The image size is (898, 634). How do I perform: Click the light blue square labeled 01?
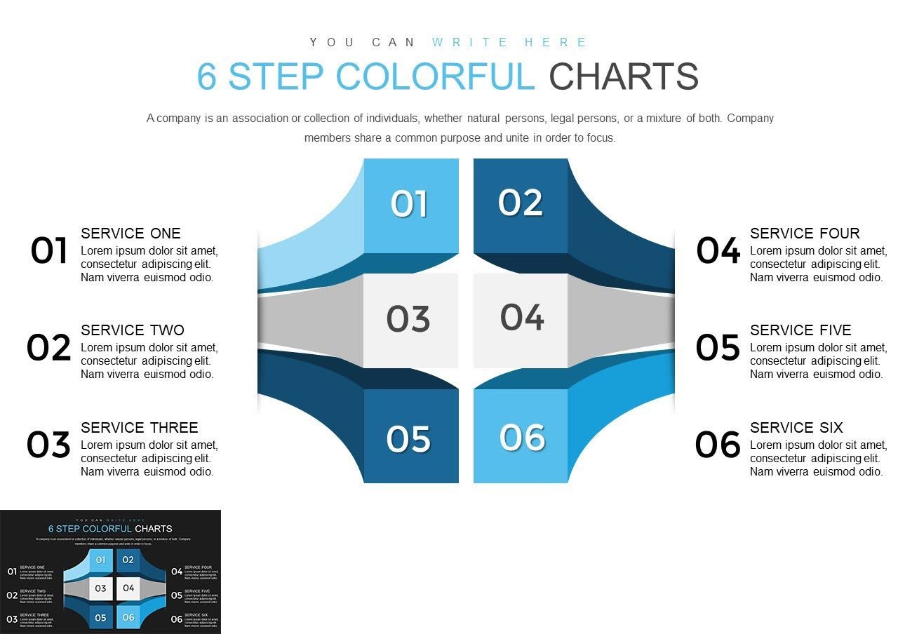coord(410,205)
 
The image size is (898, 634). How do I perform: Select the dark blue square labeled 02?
coord(520,205)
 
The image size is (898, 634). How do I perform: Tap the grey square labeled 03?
coord(410,320)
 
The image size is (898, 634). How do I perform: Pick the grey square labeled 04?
coord(521,319)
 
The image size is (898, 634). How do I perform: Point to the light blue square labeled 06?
coord(521,437)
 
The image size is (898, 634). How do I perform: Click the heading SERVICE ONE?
coord(130,234)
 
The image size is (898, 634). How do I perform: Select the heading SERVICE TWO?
coord(133,330)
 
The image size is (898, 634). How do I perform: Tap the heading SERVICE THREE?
coord(139,428)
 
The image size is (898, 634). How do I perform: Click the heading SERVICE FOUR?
coord(804,234)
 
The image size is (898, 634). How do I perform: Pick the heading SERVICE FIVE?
coord(800,330)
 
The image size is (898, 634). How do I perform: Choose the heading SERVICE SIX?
coord(796,428)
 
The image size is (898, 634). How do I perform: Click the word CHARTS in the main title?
coord(624,77)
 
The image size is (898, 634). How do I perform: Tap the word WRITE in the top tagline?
coord(470,43)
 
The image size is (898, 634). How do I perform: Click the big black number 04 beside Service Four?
coord(718,251)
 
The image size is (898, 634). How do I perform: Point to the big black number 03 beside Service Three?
coord(48,445)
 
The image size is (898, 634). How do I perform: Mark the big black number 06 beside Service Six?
coord(718,445)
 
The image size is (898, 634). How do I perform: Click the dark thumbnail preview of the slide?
coord(110,572)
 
